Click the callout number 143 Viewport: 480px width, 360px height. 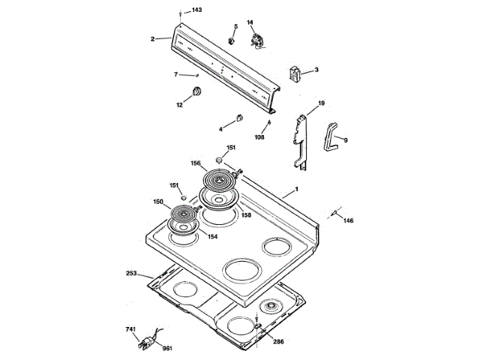click(197, 10)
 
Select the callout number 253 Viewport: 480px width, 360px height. click(131, 274)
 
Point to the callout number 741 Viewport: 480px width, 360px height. click(130, 330)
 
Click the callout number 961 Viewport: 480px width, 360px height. click(167, 348)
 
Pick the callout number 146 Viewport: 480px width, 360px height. click(348, 220)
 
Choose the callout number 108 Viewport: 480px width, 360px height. click(260, 137)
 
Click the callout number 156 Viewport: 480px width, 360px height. click(195, 163)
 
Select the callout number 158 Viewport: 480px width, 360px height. click(245, 215)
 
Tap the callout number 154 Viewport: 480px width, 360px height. click(212, 237)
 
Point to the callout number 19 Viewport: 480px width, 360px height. click(321, 103)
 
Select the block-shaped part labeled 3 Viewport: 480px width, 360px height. click(295, 73)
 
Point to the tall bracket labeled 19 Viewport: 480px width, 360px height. click(301, 140)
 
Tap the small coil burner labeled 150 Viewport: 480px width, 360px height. click(181, 217)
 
